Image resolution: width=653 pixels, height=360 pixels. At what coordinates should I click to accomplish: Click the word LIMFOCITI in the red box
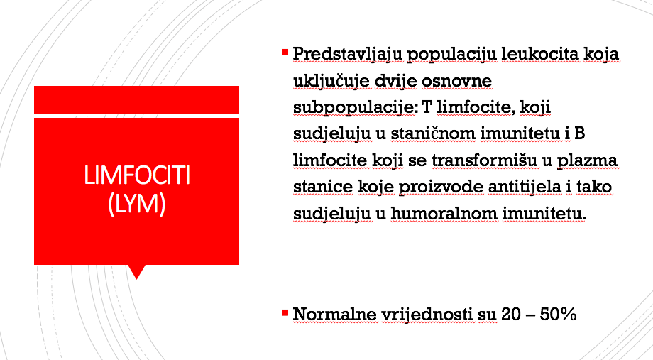click(x=137, y=175)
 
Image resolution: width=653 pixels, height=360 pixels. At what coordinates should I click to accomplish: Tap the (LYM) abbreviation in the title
click(x=137, y=204)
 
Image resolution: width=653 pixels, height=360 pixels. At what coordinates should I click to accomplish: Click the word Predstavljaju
click(x=348, y=55)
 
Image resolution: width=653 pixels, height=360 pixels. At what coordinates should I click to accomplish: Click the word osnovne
click(x=456, y=81)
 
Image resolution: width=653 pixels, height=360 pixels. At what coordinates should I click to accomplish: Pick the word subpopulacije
click(x=356, y=108)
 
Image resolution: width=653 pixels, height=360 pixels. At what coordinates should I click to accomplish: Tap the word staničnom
click(x=433, y=133)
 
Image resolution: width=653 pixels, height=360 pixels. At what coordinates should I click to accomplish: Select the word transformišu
click(x=485, y=160)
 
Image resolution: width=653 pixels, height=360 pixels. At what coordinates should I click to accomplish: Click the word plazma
click(x=587, y=161)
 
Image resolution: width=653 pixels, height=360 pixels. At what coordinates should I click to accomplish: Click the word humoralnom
click(x=444, y=214)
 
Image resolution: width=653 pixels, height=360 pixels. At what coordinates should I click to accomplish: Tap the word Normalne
click(x=335, y=314)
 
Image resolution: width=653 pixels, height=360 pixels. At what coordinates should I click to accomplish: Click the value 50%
click(x=558, y=314)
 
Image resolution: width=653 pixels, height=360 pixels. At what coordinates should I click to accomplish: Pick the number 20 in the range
click(x=511, y=314)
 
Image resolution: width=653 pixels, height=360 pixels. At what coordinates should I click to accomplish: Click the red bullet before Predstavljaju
click(x=285, y=52)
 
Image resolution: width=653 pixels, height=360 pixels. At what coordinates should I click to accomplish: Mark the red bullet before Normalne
click(x=285, y=312)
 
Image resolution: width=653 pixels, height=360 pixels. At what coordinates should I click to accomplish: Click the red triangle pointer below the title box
click(x=136, y=271)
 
